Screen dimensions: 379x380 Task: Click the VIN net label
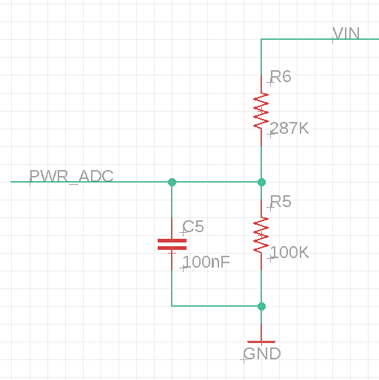346,33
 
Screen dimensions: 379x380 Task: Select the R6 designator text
281,76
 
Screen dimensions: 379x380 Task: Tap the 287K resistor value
289,128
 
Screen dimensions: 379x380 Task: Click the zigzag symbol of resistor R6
261,111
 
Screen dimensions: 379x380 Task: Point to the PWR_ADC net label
71,176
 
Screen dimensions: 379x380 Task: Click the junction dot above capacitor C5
172,182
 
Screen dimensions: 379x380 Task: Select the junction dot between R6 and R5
261,182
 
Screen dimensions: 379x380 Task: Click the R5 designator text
281,202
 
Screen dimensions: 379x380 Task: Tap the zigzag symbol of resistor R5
261,235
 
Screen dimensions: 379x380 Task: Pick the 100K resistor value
289,252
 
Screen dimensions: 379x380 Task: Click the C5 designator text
193,226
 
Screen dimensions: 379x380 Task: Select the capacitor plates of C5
172,244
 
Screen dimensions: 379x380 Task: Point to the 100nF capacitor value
207,262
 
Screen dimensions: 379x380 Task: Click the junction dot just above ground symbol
261,306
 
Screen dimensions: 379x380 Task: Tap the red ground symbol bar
261,342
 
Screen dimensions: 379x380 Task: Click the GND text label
262,354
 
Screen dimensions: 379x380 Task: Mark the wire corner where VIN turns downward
261,39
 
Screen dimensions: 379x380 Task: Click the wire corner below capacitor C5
172,306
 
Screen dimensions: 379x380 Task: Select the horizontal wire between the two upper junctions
217,182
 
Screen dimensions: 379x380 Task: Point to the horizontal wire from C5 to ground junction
216,306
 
